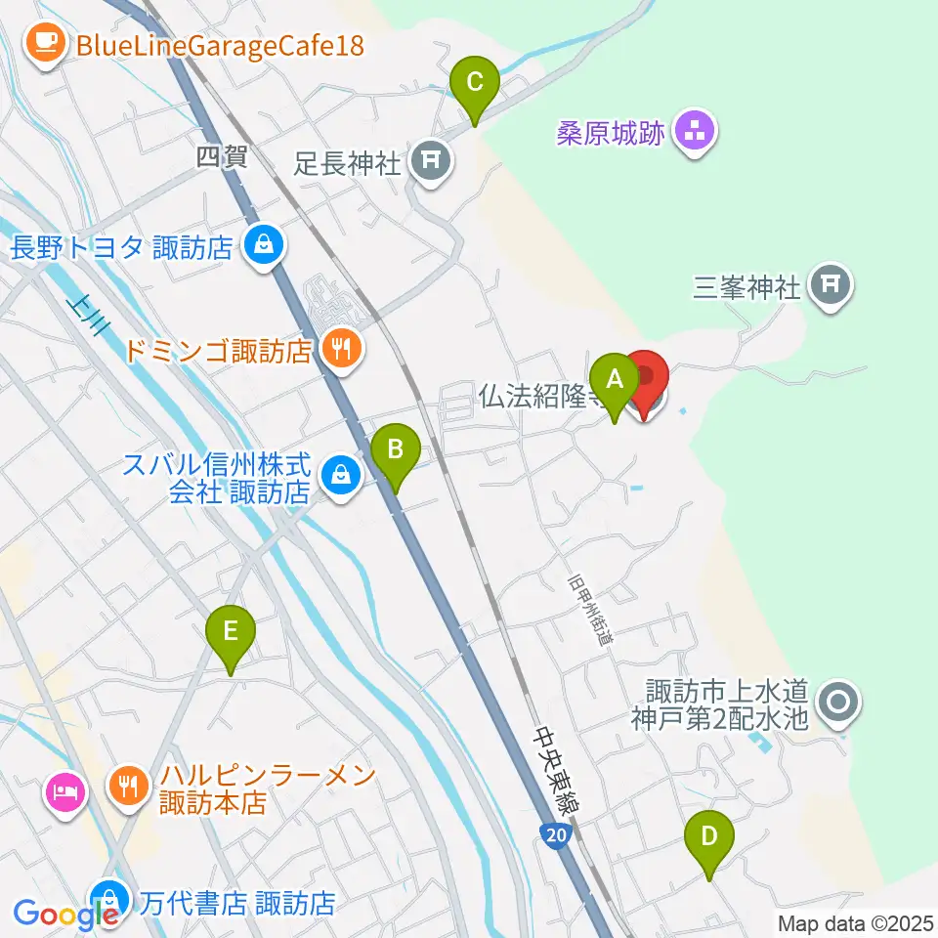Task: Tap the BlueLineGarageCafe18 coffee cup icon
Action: (x=45, y=42)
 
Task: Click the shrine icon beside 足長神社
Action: (x=431, y=159)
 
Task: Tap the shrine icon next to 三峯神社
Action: (x=831, y=285)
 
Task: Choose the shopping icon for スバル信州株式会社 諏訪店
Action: (x=340, y=476)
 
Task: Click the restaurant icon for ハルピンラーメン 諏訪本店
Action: (x=127, y=784)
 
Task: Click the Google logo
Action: (x=64, y=915)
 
